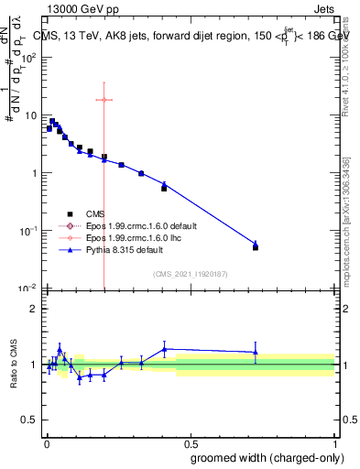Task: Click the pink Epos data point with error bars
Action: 104,100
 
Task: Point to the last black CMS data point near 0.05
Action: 256,247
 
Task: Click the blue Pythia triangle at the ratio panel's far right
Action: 256,352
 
